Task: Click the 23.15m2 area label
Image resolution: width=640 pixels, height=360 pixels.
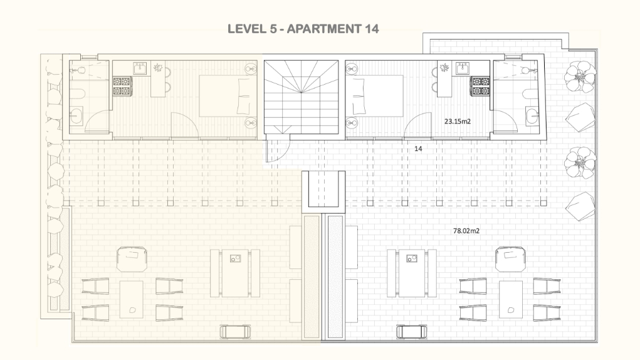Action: [457, 121]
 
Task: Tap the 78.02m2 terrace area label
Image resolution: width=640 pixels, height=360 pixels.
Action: [466, 231]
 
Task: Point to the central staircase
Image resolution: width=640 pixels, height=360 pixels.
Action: [302, 97]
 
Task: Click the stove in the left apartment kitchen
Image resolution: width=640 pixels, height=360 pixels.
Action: [122, 86]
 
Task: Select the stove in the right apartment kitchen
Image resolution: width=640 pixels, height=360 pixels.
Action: [480, 86]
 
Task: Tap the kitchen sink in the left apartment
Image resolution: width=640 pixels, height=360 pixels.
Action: [140, 68]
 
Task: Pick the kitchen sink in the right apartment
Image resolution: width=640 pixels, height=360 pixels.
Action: [463, 68]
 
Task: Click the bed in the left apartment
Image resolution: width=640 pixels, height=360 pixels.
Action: [228, 96]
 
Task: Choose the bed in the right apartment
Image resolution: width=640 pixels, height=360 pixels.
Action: [374, 96]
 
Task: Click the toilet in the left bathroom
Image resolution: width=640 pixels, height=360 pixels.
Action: [78, 95]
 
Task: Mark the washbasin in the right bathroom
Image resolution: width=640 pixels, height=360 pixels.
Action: [532, 115]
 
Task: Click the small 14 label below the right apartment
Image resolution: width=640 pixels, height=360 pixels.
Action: [418, 149]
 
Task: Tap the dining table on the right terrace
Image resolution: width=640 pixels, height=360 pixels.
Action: [412, 273]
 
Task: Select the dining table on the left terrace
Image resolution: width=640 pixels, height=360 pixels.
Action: [235, 273]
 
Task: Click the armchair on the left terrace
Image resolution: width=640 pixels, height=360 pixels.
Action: [132, 259]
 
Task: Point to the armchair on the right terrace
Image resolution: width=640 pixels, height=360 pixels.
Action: [510, 259]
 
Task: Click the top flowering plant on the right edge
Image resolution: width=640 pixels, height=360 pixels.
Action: [580, 77]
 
